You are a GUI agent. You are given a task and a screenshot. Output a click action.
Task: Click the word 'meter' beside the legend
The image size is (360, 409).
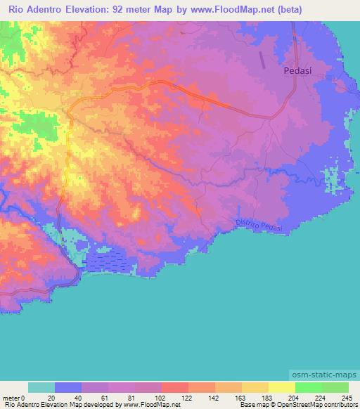pyautogui.click(x=12, y=397)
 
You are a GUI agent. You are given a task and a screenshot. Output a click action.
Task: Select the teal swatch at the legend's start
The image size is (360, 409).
pyautogui.click(x=41, y=387)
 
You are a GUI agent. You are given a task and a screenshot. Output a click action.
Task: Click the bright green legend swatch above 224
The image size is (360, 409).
pyautogui.click(x=308, y=387)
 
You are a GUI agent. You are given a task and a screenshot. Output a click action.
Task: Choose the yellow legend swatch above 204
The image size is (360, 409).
pyautogui.click(x=281, y=387)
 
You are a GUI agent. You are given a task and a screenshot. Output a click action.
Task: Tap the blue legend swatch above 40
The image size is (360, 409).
pyautogui.click(x=67, y=387)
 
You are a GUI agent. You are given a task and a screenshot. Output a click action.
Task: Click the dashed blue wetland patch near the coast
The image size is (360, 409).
pyautogui.click(x=109, y=262)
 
